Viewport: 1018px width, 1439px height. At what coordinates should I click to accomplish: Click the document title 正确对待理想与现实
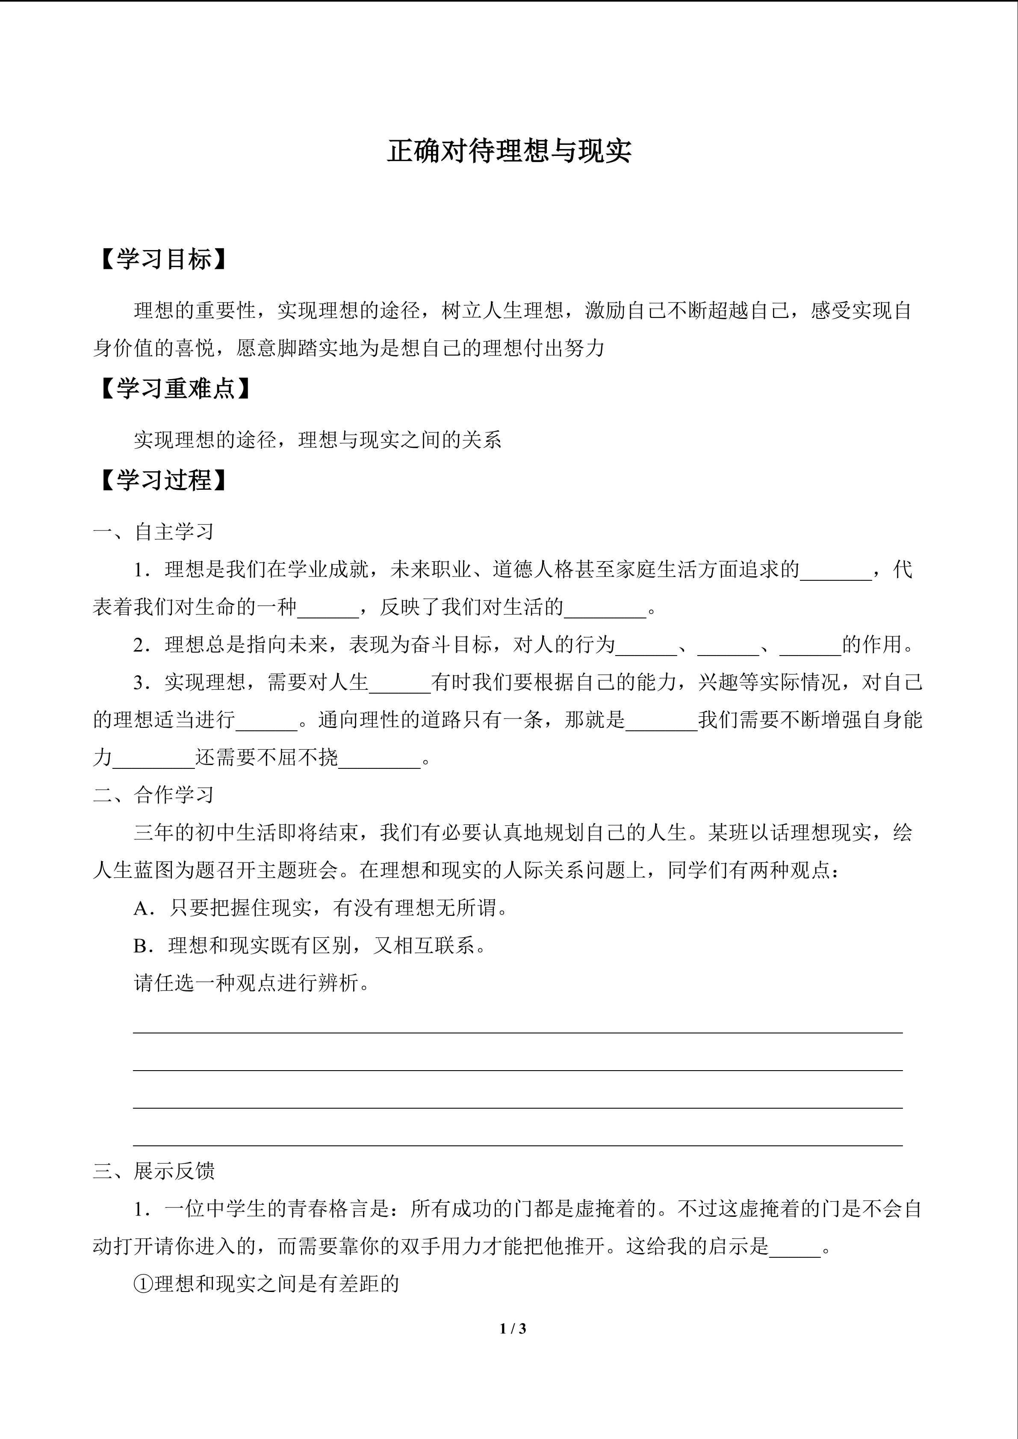508,151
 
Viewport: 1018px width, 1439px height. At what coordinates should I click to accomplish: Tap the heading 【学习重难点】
175,389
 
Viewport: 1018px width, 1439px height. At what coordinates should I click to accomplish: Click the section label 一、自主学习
153,532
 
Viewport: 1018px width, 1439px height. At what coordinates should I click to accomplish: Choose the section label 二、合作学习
153,795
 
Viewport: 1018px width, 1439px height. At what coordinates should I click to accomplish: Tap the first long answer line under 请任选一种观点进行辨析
517,1032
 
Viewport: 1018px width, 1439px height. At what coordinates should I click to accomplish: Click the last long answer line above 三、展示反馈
517,1145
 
